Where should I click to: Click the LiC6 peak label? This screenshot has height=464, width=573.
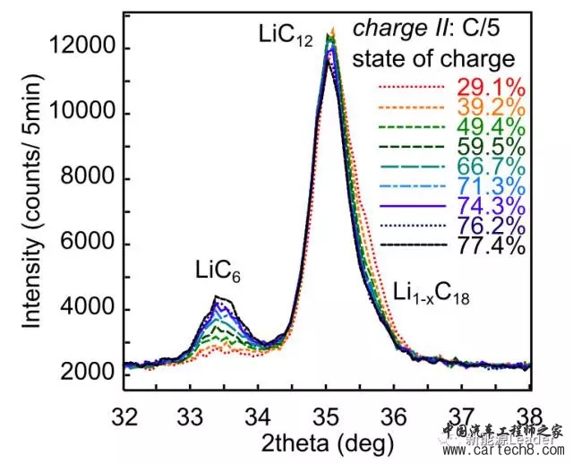[x=218, y=271]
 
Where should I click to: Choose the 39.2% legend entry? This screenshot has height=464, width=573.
[x=484, y=107]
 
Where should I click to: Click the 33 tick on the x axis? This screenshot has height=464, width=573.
[x=192, y=417]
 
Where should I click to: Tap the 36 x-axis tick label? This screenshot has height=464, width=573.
[x=395, y=417]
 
